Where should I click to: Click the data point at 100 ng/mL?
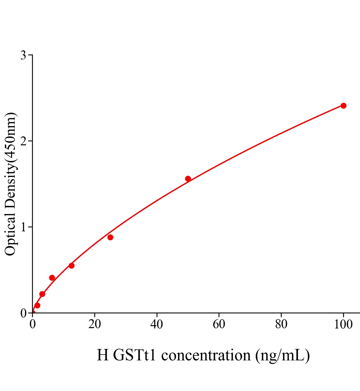(343, 106)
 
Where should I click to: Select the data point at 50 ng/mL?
(188, 179)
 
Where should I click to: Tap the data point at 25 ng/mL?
(110, 237)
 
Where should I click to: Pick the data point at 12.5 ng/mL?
(71, 266)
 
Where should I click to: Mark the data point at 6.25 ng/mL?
(52, 278)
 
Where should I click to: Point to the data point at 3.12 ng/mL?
(42, 294)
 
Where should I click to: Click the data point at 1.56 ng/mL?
(37, 305)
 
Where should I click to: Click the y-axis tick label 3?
(23, 55)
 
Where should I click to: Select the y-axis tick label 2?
(23, 141)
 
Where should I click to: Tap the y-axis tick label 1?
(23, 227)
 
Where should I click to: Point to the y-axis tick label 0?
(23, 313)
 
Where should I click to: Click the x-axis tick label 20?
(95, 325)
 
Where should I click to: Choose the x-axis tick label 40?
(157, 325)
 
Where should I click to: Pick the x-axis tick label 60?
(219, 325)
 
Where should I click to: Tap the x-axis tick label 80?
(281, 325)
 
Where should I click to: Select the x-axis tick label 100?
(343, 325)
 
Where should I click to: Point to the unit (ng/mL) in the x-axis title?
(282, 355)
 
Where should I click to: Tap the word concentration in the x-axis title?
(206, 355)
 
